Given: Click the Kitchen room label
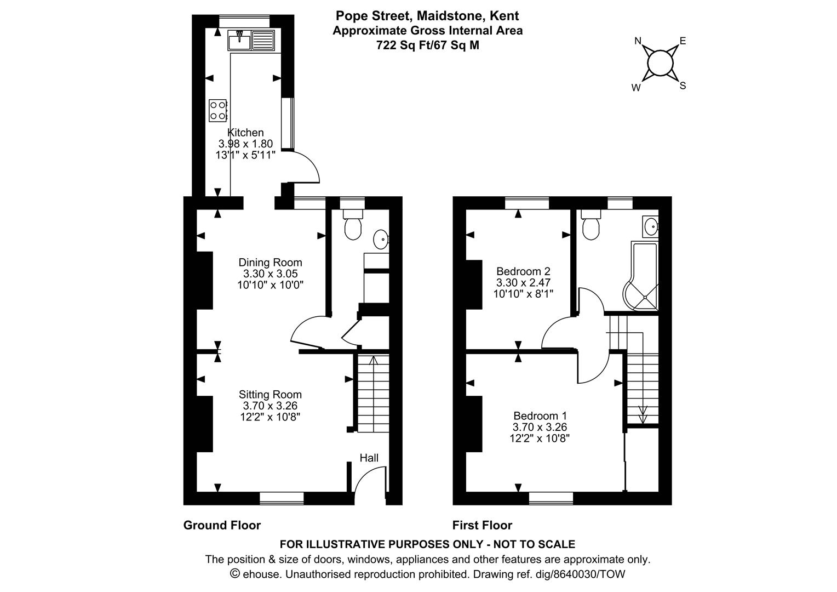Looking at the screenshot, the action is (x=245, y=133).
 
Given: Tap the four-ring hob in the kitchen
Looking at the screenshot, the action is (x=218, y=110).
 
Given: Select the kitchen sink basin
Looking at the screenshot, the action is (x=239, y=41).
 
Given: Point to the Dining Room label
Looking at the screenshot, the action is (x=270, y=262).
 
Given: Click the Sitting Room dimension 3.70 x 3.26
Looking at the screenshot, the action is (x=270, y=406).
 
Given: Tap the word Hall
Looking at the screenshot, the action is (x=369, y=458).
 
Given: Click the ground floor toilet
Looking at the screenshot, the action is (x=353, y=224).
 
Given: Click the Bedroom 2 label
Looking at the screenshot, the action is (x=523, y=271).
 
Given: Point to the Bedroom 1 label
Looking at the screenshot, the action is (x=540, y=415).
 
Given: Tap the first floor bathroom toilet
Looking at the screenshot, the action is (x=591, y=224).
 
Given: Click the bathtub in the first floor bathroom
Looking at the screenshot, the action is (x=641, y=276).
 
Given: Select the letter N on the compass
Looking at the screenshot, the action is (x=638, y=41).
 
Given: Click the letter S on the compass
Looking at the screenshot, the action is (x=683, y=86).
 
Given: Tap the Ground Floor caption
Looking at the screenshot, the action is (x=222, y=525).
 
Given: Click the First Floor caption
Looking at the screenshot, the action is (x=482, y=525).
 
